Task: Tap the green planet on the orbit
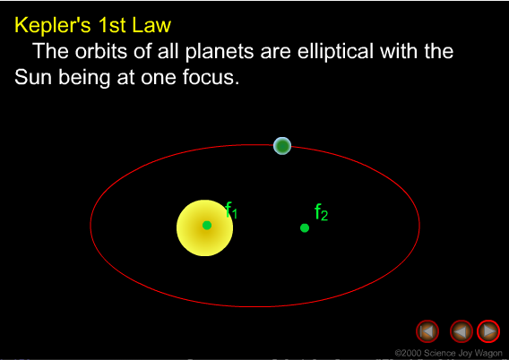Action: coord(282,146)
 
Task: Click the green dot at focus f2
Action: coord(305,227)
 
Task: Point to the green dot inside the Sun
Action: coord(207,225)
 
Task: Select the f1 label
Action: coord(231,212)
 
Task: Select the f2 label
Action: coord(322,213)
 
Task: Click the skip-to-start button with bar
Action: coord(427,331)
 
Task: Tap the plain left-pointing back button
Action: coord(461,331)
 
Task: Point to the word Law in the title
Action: coord(151,25)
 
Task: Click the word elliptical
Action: coord(315,51)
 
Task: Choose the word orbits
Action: coord(98,51)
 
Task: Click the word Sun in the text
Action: coord(32,77)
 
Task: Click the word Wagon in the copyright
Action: coord(483,353)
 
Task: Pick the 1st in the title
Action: coord(114,25)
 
